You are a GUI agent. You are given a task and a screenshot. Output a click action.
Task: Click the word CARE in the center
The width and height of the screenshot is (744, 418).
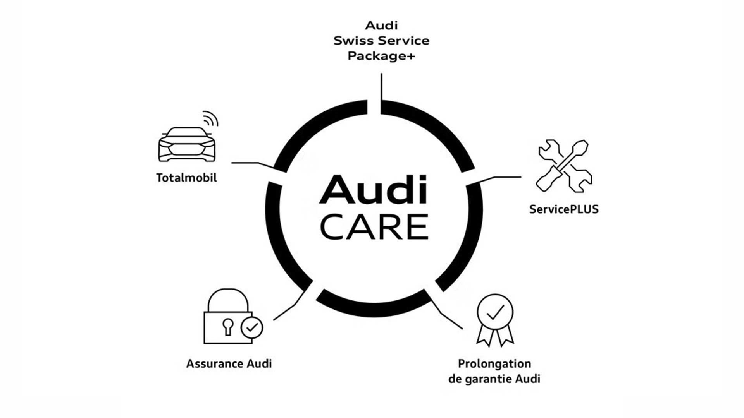(374, 227)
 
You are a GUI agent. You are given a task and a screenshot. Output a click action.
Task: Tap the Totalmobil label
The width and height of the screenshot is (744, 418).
(186, 178)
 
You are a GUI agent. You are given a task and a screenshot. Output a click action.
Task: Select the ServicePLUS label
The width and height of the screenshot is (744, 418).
(564, 209)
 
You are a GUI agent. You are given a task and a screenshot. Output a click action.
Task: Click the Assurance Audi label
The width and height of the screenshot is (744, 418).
(229, 364)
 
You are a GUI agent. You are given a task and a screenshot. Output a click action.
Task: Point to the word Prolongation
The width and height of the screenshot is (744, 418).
(494, 364)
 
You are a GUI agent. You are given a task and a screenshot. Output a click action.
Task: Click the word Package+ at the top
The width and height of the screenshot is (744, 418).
(381, 56)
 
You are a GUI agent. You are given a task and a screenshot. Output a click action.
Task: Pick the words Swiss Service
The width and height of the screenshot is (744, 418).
(381, 41)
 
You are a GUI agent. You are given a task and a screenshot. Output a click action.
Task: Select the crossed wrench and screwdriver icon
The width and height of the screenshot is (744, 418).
(564, 166)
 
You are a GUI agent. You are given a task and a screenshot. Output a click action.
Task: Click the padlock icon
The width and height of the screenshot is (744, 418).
(228, 317)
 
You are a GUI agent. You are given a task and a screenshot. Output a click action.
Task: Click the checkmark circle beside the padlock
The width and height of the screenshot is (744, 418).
(252, 328)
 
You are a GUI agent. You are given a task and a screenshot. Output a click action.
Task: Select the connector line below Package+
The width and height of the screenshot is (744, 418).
(381, 87)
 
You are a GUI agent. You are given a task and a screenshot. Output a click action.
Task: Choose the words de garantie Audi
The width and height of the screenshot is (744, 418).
(494, 379)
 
